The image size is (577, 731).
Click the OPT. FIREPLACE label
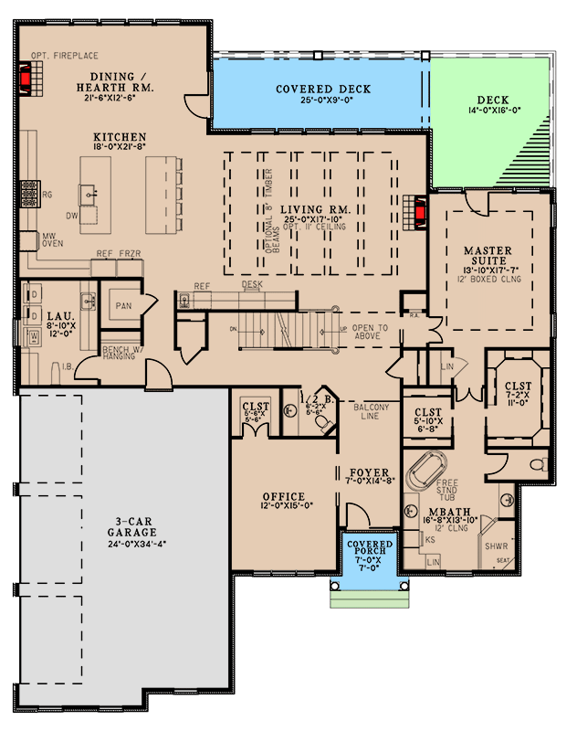(x=63, y=55)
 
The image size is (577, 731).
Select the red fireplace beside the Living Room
(x=422, y=213)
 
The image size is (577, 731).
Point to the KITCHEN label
(x=120, y=137)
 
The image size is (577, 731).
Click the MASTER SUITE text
(x=490, y=256)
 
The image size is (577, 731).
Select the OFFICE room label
(x=282, y=497)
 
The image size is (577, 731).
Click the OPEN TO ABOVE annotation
(x=370, y=333)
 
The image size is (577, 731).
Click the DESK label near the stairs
(x=253, y=285)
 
